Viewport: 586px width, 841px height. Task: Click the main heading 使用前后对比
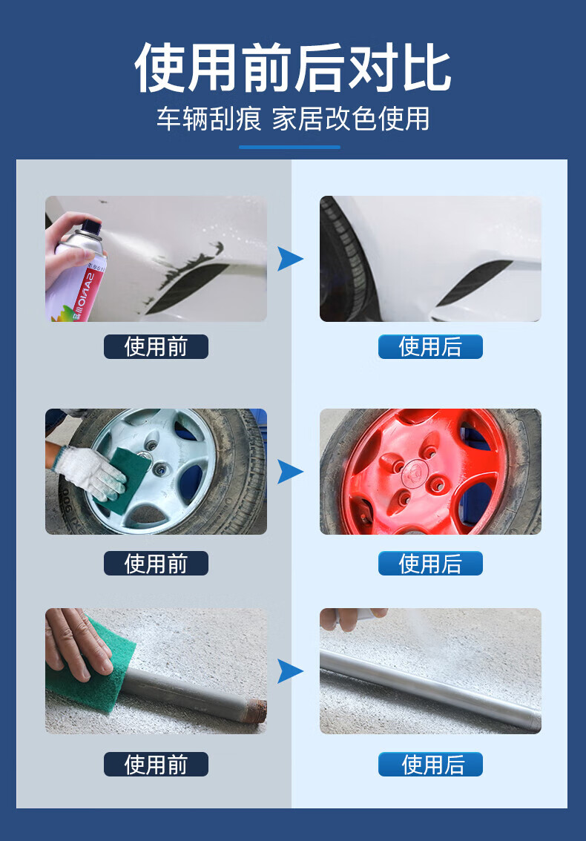[x=292, y=67]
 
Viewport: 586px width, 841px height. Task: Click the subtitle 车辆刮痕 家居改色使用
[x=293, y=119]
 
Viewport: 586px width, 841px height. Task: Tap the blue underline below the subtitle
[x=290, y=147]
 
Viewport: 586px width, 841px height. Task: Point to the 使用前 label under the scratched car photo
[x=156, y=346]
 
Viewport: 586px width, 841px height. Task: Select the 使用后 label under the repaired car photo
[x=430, y=346]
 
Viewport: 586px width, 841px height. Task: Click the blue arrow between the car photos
[x=290, y=259]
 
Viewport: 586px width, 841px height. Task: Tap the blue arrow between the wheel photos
[x=290, y=472]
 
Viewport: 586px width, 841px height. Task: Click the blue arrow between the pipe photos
[x=290, y=671]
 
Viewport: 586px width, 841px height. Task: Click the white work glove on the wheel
[x=90, y=470]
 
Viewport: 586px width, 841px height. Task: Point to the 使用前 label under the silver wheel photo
[x=156, y=563]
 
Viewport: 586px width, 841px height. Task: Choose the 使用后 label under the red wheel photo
[x=430, y=563]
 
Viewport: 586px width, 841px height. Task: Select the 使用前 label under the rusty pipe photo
[x=156, y=765]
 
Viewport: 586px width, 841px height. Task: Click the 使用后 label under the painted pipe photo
[x=430, y=765]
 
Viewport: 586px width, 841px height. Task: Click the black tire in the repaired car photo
[x=348, y=260]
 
